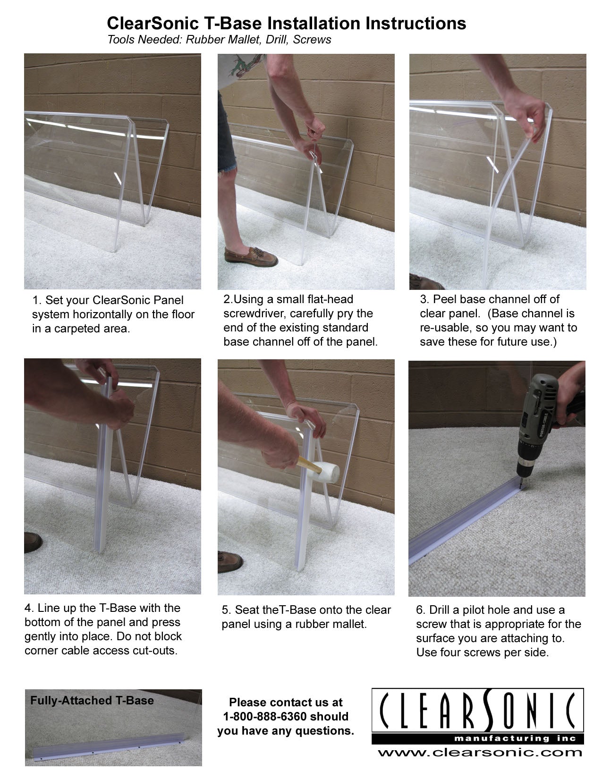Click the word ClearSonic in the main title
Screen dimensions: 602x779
[153, 23]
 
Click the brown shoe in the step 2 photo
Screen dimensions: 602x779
[251, 256]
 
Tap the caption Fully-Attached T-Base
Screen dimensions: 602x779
[92, 700]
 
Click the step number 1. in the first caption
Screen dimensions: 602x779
[37, 300]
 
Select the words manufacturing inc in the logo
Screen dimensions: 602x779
[515, 738]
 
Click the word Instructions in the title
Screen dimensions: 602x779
[415, 23]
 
